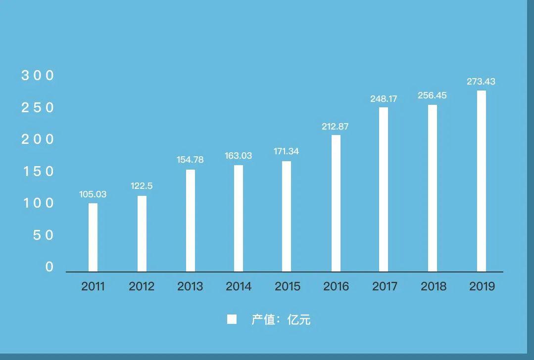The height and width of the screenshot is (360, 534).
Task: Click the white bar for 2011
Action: tap(93, 237)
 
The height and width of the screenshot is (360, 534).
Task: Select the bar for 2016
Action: tap(336, 203)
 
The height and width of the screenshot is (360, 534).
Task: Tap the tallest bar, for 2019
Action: tap(482, 181)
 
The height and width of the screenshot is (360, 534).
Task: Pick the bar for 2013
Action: tap(191, 221)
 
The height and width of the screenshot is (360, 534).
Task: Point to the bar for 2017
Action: tap(384, 189)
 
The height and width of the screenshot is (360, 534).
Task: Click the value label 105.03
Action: tap(93, 194)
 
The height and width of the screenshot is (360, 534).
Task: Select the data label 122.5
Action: tap(142, 186)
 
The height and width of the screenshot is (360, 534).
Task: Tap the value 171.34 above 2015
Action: tap(287, 151)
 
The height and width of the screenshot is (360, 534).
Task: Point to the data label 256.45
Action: tap(432, 95)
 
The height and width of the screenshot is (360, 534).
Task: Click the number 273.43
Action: tap(481, 82)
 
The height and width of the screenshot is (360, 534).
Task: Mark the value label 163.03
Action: tap(239, 156)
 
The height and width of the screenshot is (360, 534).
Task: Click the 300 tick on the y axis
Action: tap(38, 76)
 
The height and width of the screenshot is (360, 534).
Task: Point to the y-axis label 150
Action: tap(38, 172)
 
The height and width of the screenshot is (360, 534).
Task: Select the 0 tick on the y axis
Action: tap(49, 267)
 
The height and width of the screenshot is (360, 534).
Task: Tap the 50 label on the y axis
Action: tap(43, 235)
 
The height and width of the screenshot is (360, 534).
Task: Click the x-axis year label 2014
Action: tap(239, 286)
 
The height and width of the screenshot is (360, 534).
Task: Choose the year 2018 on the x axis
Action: tap(434, 286)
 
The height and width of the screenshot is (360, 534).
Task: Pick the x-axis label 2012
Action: tap(142, 286)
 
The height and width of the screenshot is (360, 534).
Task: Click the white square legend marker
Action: tap(232, 319)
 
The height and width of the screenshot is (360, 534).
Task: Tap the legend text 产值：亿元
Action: tap(281, 319)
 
